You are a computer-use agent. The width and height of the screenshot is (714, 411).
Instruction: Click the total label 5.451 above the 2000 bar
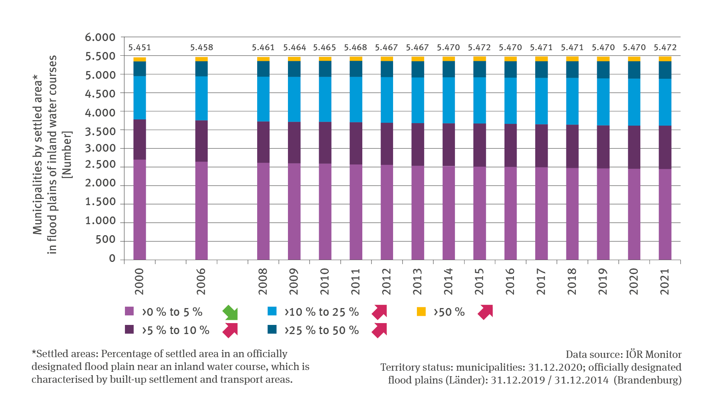point(140,48)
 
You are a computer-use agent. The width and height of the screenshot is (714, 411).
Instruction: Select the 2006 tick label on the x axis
point(201,281)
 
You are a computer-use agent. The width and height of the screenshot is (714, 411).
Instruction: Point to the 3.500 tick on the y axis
point(100,131)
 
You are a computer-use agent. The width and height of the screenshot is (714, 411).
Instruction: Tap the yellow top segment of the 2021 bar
point(665,59)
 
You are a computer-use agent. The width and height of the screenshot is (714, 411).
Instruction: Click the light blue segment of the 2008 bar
point(263,99)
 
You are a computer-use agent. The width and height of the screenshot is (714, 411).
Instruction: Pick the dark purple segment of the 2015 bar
point(480,145)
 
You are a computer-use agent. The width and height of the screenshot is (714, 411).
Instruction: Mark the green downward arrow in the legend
point(230,312)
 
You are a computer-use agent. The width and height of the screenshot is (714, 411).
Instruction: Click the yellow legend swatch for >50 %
point(421,312)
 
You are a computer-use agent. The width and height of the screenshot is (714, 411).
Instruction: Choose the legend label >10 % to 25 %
point(321,312)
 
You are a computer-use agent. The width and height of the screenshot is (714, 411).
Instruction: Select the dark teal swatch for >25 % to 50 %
point(272,329)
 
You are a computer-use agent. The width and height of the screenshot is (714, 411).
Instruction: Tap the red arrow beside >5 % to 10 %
point(230,330)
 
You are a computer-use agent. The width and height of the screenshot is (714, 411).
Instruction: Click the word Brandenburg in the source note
point(647,380)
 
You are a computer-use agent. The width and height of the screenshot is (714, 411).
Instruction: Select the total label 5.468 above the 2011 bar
point(355,48)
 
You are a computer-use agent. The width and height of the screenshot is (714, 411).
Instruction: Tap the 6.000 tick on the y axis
point(100,37)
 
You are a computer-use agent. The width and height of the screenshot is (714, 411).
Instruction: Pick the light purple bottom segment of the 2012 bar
point(387,212)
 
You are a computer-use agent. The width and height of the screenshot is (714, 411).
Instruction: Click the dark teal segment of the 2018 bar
point(572,70)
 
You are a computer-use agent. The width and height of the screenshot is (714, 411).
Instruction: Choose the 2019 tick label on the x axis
point(603,281)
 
